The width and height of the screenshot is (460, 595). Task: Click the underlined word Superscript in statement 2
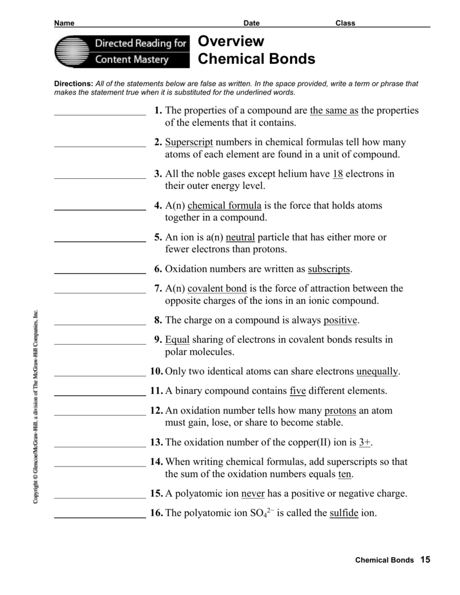click(189, 142)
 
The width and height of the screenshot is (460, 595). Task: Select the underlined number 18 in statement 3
click(338, 174)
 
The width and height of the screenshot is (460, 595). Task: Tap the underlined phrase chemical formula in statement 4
click(225, 206)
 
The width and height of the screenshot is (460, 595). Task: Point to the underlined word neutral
click(240, 237)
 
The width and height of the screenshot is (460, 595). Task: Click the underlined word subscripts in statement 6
click(329, 269)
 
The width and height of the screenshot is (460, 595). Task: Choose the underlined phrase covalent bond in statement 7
click(217, 288)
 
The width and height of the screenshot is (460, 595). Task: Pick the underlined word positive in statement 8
click(341, 320)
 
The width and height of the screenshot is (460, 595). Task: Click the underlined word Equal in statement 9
click(177, 340)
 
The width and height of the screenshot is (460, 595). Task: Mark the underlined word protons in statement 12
click(340, 411)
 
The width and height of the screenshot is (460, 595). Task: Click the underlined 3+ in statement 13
click(365, 442)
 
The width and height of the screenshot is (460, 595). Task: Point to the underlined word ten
click(345, 474)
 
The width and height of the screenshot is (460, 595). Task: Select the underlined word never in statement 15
click(253, 494)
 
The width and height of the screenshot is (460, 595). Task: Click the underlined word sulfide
click(344, 513)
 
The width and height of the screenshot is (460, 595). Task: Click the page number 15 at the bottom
click(425, 560)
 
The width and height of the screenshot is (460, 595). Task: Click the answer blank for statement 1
click(99, 115)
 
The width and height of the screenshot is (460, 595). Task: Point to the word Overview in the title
click(231, 41)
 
